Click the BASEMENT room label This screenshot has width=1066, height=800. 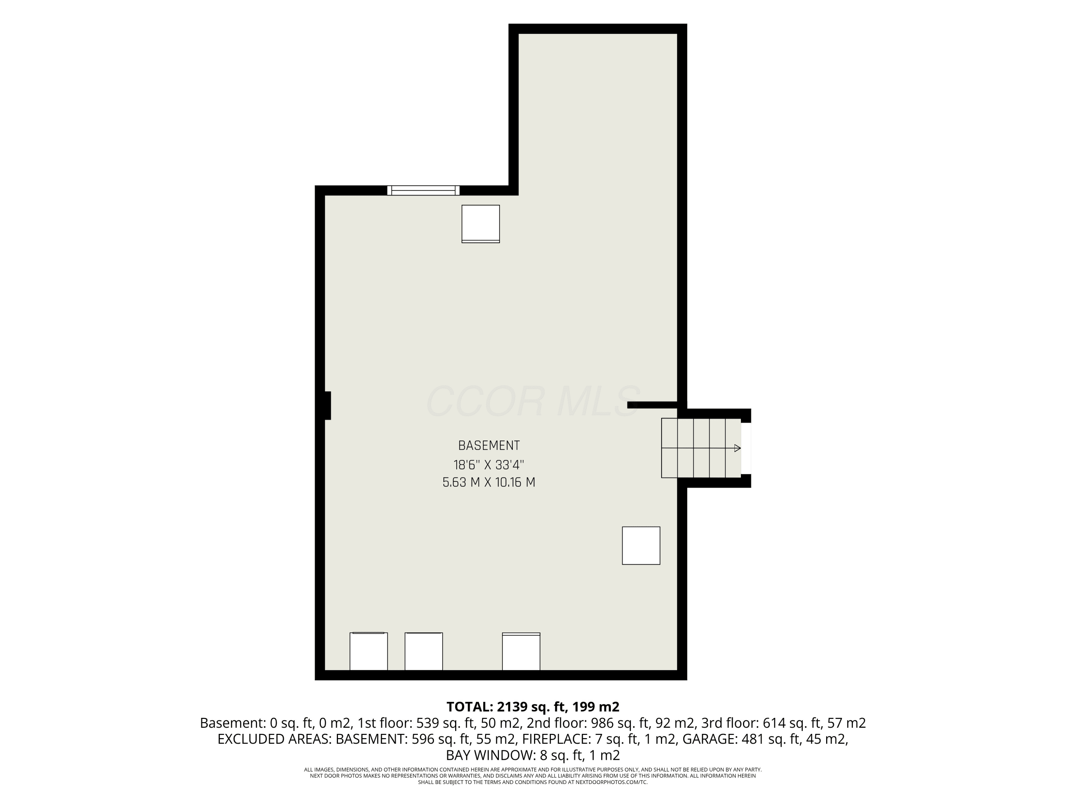(489, 445)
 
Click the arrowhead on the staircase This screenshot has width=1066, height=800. (737, 448)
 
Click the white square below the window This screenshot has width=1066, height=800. (480, 224)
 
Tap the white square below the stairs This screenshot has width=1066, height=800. (641, 545)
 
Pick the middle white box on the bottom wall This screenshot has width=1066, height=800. (424, 651)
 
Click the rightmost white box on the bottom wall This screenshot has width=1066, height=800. (521, 651)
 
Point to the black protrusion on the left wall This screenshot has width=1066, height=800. (328, 406)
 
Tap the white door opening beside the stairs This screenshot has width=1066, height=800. (745, 448)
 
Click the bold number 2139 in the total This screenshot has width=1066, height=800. (513, 707)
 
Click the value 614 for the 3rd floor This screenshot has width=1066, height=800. (774, 723)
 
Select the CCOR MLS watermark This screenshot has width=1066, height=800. (533, 401)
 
